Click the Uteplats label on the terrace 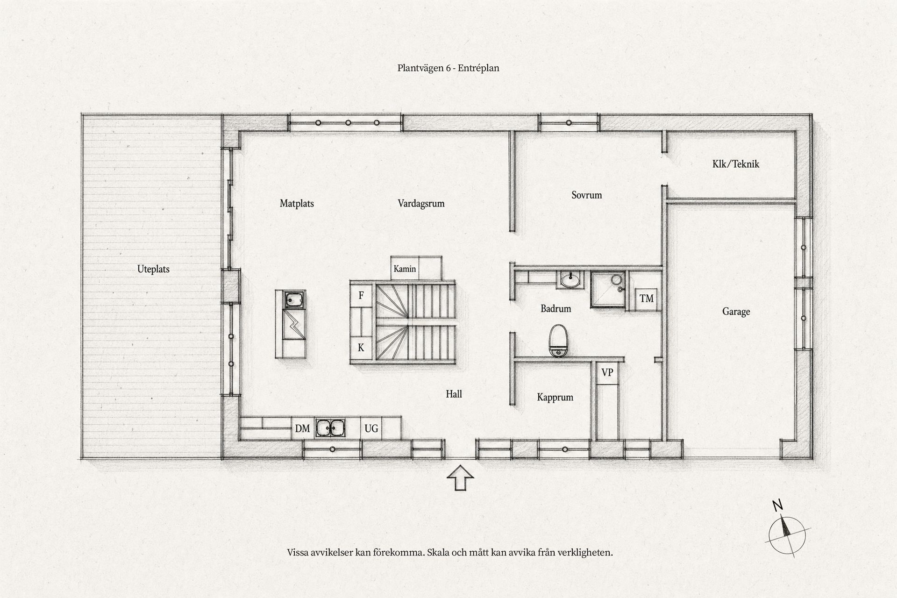click(x=153, y=269)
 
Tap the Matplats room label click(x=297, y=204)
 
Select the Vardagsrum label click(x=421, y=204)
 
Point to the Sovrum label click(x=587, y=195)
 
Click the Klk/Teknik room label click(x=736, y=164)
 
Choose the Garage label click(x=736, y=312)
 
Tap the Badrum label click(x=556, y=308)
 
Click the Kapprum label click(x=555, y=398)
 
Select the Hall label click(x=454, y=394)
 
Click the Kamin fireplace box click(x=405, y=269)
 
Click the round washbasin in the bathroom click(x=570, y=280)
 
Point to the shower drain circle click(x=617, y=280)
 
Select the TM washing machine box click(x=647, y=298)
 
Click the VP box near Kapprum click(x=607, y=373)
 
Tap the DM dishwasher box click(x=302, y=428)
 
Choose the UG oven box click(x=371, y=428)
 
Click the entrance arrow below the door click(x=461, y=477)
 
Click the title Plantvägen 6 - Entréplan click(x=448, y=68)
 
